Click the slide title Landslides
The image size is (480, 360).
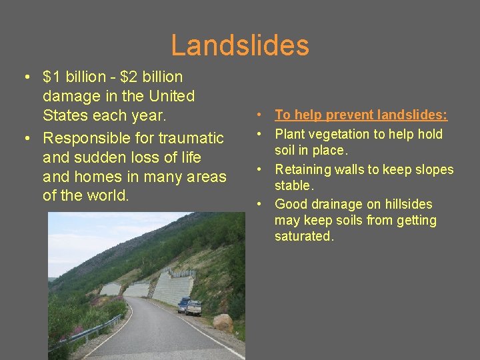tap(240, 45)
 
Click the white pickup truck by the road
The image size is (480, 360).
tap(193, 307)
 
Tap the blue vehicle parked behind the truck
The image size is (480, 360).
tap(182, 304)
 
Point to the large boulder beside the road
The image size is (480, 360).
tap(223, 323)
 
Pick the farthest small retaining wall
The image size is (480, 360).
tap(111, 289)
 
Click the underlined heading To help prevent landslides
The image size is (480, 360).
tap(361, 115)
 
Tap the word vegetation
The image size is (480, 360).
tap(337, 134)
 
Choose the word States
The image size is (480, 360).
tap(65, 115)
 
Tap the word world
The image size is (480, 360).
tap(113, 196)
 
